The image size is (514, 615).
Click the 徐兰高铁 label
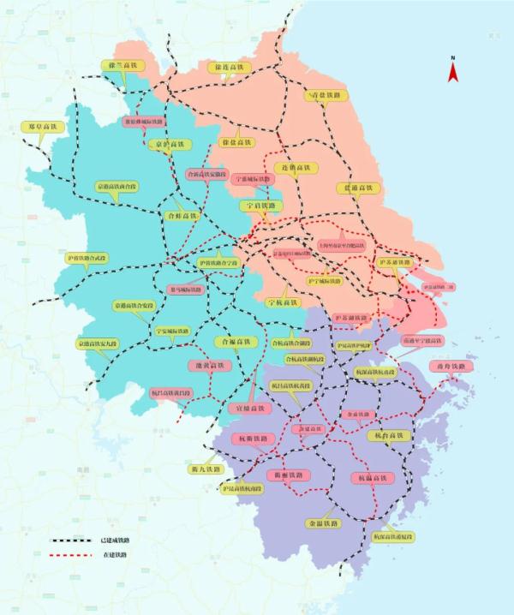123,66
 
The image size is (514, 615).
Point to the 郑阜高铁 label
43,126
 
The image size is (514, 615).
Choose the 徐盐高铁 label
236,142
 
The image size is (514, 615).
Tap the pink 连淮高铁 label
294,168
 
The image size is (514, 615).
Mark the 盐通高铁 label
357,187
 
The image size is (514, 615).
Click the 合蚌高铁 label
182,216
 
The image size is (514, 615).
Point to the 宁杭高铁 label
283,302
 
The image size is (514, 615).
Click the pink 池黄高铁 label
205,365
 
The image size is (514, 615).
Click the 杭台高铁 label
390,436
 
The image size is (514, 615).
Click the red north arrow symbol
453,70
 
